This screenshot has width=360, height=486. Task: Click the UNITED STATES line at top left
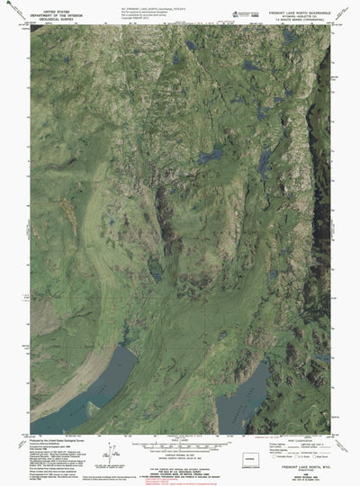51,5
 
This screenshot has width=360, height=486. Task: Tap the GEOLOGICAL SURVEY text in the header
51,15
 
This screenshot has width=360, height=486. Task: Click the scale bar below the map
181,441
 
